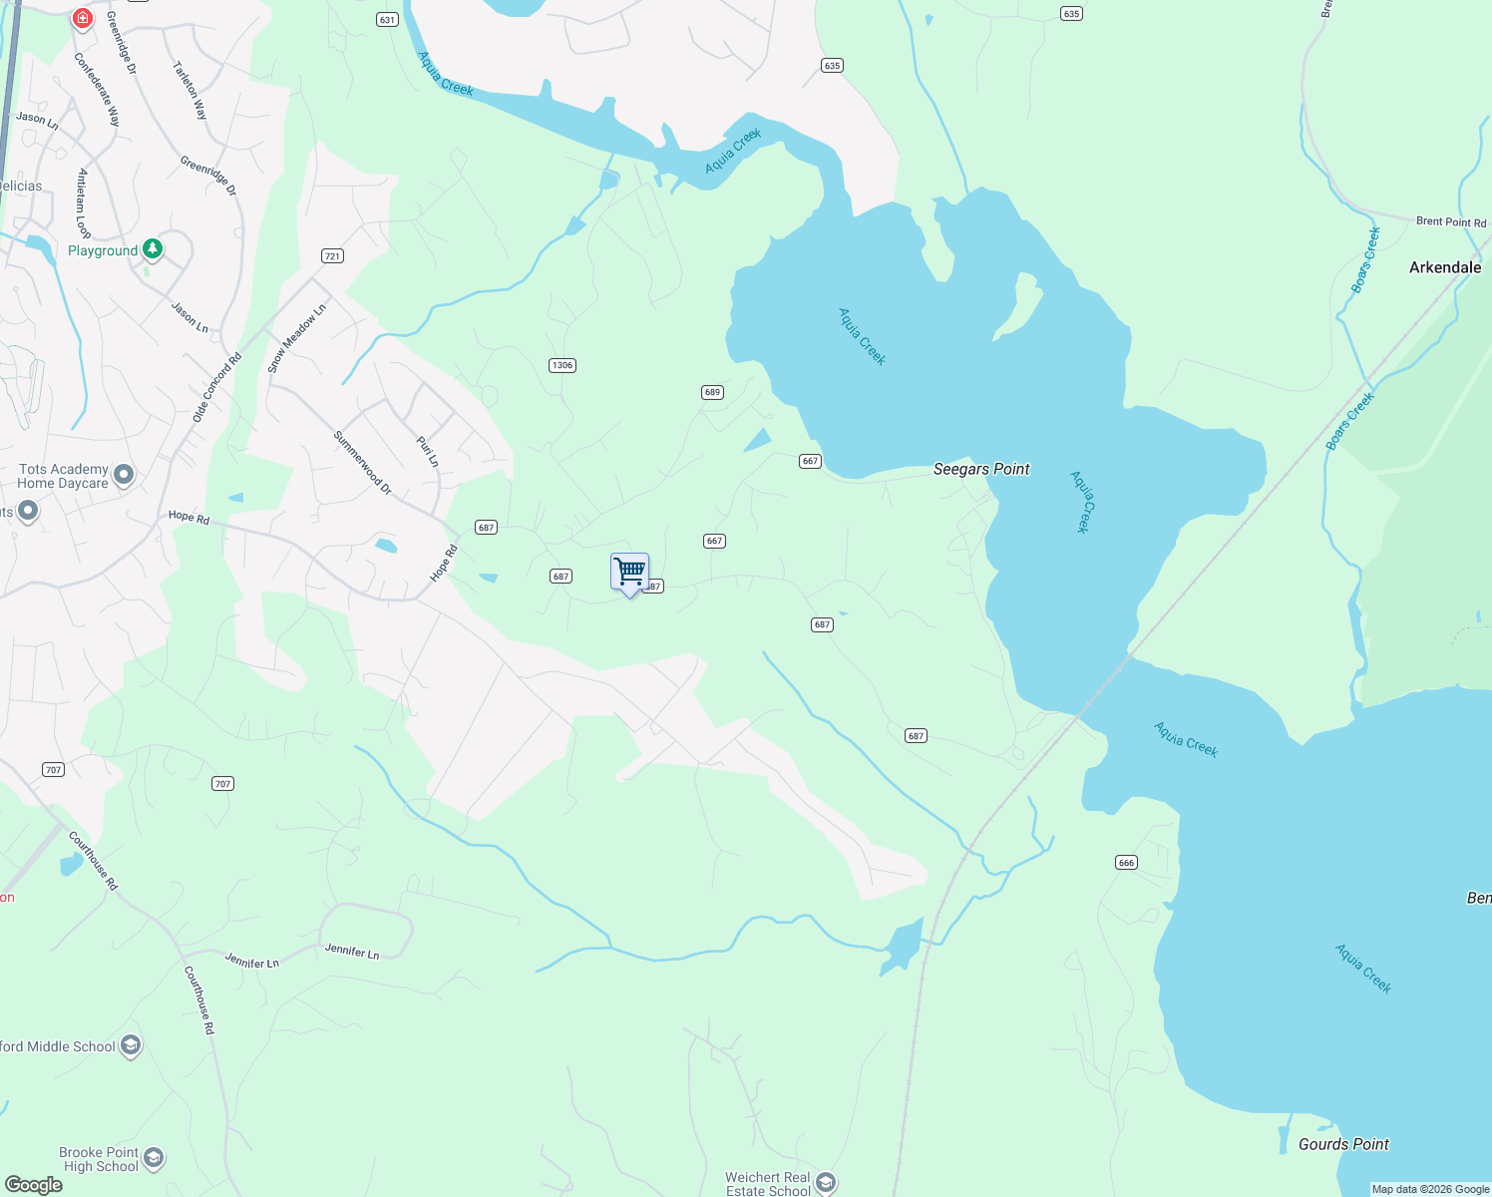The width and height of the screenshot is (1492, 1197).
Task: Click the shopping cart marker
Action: coord(629,573)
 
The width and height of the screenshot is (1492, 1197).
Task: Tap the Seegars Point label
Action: coord(980,469)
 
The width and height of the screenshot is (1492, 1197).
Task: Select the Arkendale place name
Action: coord(1444,267)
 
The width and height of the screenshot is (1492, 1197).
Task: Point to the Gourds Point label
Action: coord(1342,1144)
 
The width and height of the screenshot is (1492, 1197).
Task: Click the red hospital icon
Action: coord(83,18)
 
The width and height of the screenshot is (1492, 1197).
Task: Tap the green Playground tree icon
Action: coord(153,247)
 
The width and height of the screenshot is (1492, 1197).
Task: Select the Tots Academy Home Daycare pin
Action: coord(124,475)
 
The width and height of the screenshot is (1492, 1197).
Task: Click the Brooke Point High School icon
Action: coord(154,1158)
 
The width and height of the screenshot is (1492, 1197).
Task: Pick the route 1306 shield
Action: coord(562,365)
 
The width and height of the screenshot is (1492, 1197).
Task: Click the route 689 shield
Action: coord(712,392)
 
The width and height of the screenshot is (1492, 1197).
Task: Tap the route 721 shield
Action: coord(332,256)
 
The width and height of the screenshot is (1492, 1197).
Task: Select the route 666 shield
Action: coord(1126,863)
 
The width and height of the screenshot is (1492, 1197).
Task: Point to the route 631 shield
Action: coord(387,20)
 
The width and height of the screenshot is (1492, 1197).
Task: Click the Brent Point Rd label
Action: coord(1450,221)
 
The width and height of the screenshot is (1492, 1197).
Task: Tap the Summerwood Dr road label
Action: coord(362,463)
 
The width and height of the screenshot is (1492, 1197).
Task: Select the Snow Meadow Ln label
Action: coord(296,340)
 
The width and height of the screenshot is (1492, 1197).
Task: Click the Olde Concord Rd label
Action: coord(217,388)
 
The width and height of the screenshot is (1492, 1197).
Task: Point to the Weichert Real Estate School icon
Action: coord(826,1183)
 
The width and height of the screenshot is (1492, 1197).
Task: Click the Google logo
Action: coord(34,1184)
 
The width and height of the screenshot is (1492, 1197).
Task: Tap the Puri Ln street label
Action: coord(427,451)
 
